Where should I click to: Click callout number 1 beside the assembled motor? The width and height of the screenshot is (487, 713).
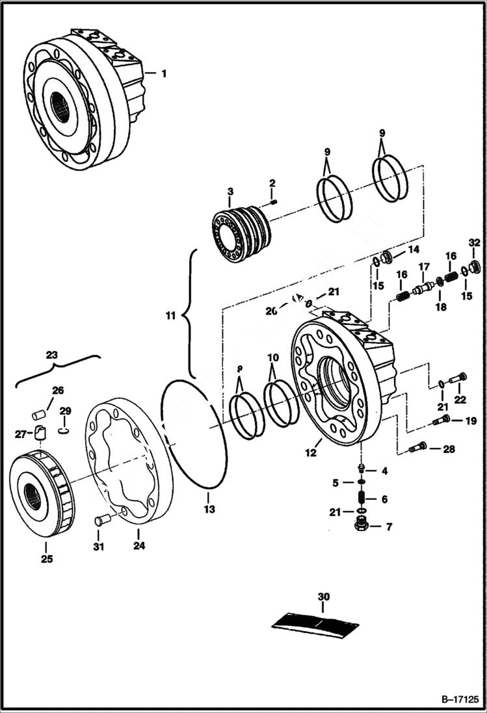click(x=164, y=74)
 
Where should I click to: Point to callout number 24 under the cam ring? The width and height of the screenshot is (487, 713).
click(x=138, y=546)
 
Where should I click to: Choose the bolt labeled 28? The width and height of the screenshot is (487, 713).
click(x=417, y=447)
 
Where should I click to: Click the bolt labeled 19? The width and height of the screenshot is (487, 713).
click(x=441, y=421)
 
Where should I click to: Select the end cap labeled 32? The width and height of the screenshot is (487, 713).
click(x=474, y=265)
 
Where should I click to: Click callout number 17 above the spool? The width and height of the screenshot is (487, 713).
click(x=424, y=266)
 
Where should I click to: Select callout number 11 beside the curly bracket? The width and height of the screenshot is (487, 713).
click(x=170, y=316)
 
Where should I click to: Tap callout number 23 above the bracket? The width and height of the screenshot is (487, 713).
click(x=51, y=355)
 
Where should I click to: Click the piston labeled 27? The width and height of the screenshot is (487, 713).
click(x=40, y=432)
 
